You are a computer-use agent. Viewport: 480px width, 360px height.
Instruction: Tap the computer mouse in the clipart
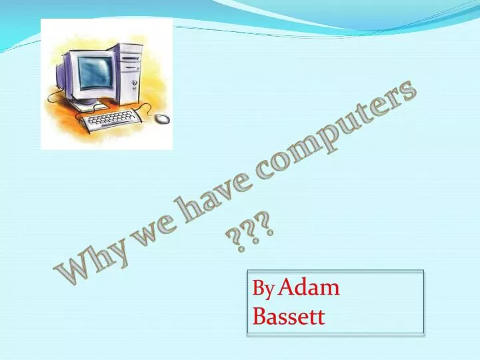pos(163,119)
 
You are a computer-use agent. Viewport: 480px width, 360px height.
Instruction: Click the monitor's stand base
pos(91,105)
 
